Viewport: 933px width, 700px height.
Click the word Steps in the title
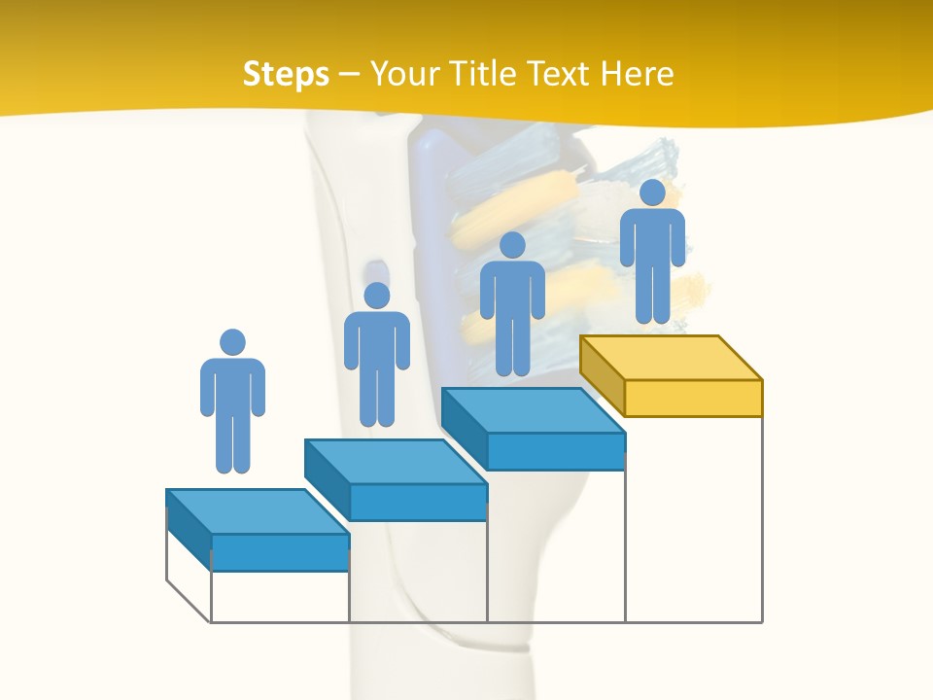click(286, 74)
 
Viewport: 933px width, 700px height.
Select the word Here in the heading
click(637, 74)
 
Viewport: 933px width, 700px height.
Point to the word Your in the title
click(403, 74)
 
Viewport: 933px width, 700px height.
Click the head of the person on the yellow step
click(652, 192)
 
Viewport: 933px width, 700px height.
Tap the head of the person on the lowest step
click(232, 342)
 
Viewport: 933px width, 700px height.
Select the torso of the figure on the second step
click(377, 340)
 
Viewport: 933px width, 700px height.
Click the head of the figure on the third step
click(512, 245)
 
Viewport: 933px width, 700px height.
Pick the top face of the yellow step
click(671, 358)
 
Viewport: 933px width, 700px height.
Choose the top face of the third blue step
click(533, 410)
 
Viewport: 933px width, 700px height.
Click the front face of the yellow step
click(693, 398)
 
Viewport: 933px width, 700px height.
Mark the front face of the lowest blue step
click(280, 552)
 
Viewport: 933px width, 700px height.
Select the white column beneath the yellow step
click(693, 520)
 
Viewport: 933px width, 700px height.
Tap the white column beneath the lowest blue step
click(280, 596)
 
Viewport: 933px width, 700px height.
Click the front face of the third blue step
click(555, 451)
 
